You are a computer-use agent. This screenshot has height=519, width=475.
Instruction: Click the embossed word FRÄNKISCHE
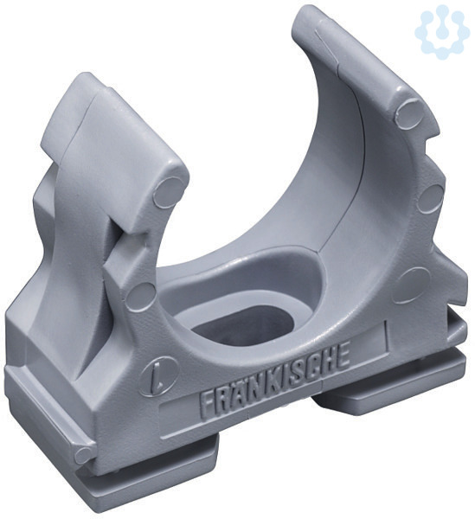(x=275, y=381)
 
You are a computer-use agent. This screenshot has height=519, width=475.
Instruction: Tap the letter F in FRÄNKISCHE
(x=207, y=406)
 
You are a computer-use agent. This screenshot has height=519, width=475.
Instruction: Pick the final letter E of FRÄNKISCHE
(x=343, y=355)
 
